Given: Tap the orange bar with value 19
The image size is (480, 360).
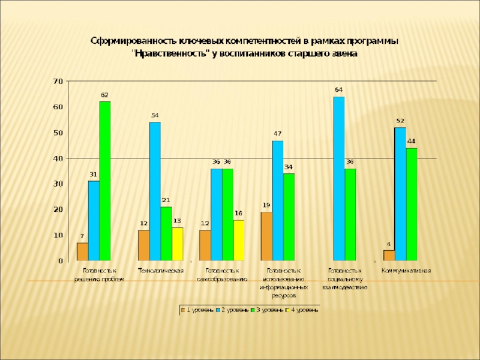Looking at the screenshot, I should pyautogui.click(x=266, y=236).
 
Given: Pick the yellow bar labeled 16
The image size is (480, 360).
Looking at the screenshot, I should pyautogui.click(x=239, y=240).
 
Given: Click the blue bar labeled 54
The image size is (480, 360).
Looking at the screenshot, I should pyautogui.click(x=155, y=191).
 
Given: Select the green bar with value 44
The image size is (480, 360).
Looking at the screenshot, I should pyautogui.click(x=411, y=204).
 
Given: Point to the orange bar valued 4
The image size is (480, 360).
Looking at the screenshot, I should pyautogui.click(x=389, y=256).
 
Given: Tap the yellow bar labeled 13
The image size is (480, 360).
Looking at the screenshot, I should pyautogui.click(x=178, y=244).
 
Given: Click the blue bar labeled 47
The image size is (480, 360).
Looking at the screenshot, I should pyautogui.click(x=278, y=200).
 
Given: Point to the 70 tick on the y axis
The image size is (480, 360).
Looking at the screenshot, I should pyautogui.click(x=58, y=81).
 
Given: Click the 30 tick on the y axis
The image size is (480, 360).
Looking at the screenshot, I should pyautogui.click(x=58, y=184).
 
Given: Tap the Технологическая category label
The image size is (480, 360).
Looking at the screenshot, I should pyautogui.click(x=161, y=271).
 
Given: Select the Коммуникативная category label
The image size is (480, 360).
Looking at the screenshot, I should pyautogui.click(x=406, y=271).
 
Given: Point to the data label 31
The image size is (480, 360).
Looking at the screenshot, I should pyautogui.click(x=94, y=175).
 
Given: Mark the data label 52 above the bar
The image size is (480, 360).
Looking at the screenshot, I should pyautogui.click(x=400, y=121).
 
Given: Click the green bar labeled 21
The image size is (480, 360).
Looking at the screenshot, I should pyautogui.click(x=166, y=233).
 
